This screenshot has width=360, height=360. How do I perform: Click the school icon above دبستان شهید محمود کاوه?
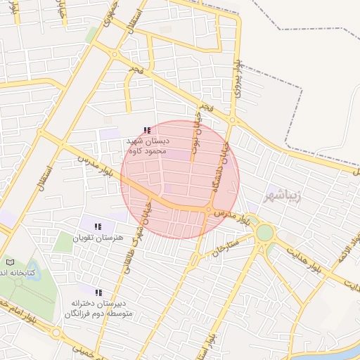(146, 130)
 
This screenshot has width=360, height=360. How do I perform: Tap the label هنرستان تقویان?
(102, 238)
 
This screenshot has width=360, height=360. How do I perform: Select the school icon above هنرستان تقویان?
(98, 226)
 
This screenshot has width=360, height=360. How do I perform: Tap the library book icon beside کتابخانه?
(9, 262)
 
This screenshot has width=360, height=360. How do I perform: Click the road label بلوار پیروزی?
(238, 77)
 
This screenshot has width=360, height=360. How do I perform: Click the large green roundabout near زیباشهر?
(264, 232)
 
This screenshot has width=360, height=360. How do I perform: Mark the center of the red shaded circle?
(180, 179)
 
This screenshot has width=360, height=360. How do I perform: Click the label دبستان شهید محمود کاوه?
(148, 146)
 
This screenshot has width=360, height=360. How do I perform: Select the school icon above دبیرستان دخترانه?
(98, 292)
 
